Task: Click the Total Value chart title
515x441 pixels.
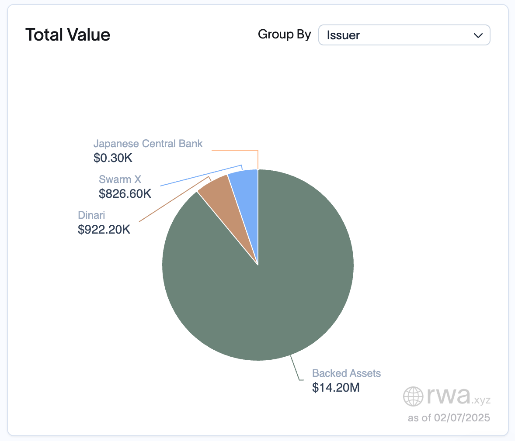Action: pyautogui.click(x=68, y=35)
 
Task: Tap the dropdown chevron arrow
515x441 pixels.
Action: pyautogui.click(x=478, y=35)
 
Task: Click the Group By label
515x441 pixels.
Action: pyautogui.click(x=284, y=34)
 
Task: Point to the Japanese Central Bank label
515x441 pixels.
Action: pyautogui.click(x=148, y=144)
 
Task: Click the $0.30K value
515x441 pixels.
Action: pyautogui.click(x=113, y=158)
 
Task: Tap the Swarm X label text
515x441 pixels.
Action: pyautogui.click(x=120, y=179)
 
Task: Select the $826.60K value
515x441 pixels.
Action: pyautogui.click(x=125, y=193)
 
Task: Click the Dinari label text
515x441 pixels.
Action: pyautogui.click(x=91, y=215)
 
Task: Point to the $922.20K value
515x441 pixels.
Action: pyautogui.click(x=104, y=229)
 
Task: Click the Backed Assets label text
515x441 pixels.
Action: pyautogui.click(x=346, y=373)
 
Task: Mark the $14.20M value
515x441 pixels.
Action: pyautogui.click(x=336, y=387)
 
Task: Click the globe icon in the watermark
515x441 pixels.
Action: pyautogui.click(x=413, y=396)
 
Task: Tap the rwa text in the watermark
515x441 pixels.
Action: pyautogui.click(x=448, y=395)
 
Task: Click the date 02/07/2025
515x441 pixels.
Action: pyautogui.click(x=462, y=418)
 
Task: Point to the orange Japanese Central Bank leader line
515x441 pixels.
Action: pyautogui.click(x=236, y=150)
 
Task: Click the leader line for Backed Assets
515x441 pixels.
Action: pyautogui.click(x=295, y=369)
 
